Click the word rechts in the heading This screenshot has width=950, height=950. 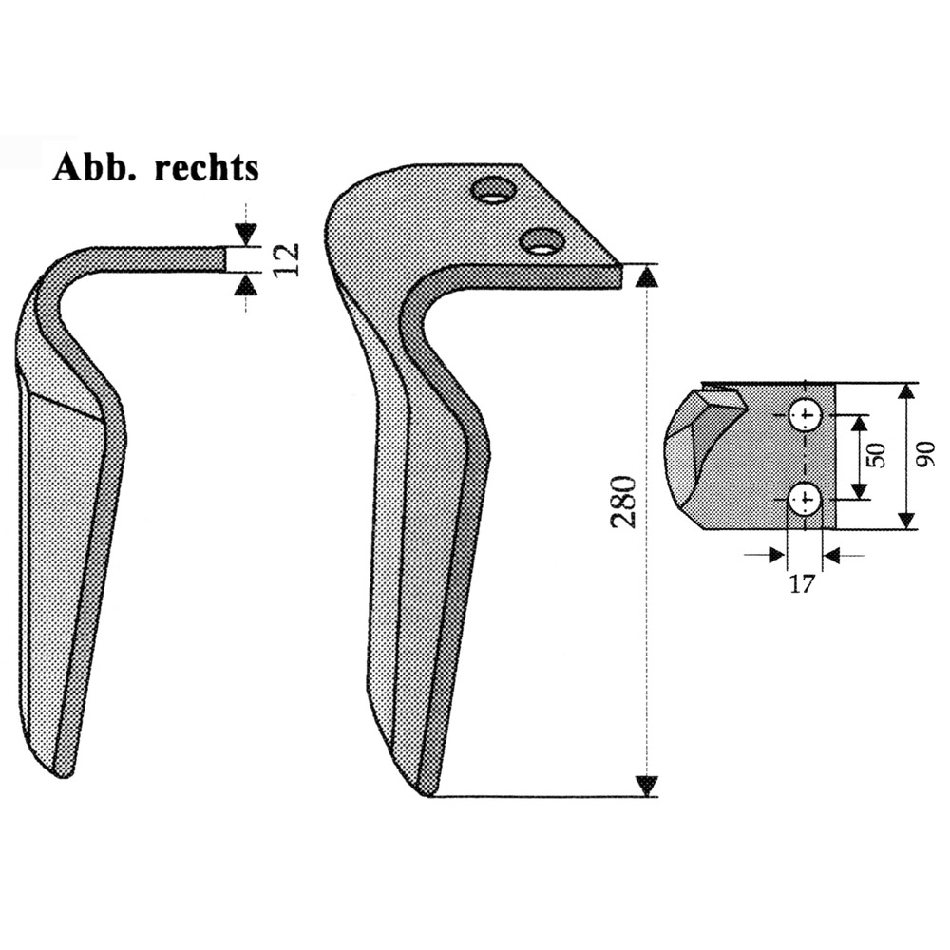coord(206,167)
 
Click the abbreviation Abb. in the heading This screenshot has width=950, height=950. coord(97,167)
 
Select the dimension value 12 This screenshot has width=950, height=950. coord(287,259)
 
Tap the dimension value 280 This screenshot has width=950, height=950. coord(624,503)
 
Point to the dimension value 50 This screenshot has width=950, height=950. coord(876,454)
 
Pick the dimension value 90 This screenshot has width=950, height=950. coord(925,454)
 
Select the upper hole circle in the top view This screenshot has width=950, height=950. coord(806,416)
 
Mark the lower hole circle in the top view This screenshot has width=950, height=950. coord(806,499)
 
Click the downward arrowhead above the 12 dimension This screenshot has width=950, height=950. coord(246,234)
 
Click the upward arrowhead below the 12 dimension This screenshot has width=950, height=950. coord(246,285)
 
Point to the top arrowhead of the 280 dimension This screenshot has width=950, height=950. coord(648,276)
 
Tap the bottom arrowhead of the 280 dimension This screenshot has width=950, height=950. coord(648,786)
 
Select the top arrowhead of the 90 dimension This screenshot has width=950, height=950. coord(906,394)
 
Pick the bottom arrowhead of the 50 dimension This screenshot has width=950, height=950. coord(858,488)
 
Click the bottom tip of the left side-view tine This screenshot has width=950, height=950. coord(62,777)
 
